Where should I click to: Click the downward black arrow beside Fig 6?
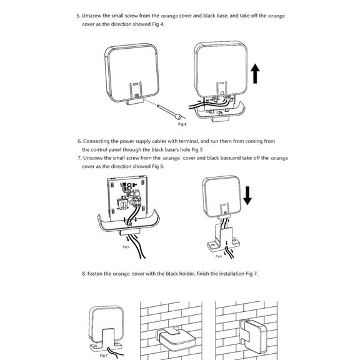point(247,194)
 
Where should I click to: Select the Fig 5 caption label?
point(126,247)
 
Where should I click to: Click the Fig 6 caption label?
point(219,256)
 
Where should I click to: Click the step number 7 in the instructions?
point(79,159)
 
